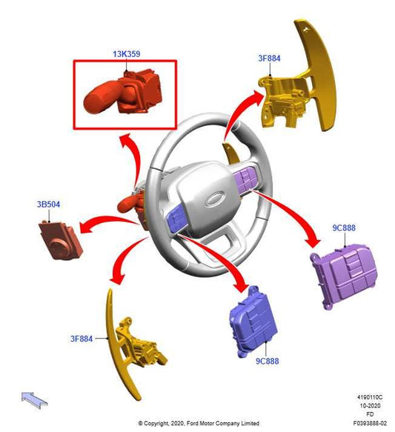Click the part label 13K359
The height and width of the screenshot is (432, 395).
pos(127,54)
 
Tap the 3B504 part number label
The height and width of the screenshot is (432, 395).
pos(48,205)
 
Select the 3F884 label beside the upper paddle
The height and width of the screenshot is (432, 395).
pos(269,59)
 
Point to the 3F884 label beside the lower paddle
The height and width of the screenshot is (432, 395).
pos(82,339)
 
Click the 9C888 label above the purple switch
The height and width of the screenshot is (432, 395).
pos(344,227)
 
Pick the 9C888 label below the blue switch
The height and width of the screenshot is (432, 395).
pos(268,361)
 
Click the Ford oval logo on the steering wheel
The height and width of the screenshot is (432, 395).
pos(215,199)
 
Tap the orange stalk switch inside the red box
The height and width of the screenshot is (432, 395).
pos(123,92)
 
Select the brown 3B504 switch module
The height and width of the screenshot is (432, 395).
pos(61,240)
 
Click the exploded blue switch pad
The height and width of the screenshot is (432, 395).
pos(253,322)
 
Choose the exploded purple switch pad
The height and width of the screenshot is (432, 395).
pos(344,276)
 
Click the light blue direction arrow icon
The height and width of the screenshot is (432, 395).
pos(34,400)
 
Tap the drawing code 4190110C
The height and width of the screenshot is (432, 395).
pos(370,397)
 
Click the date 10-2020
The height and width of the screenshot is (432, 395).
pos(370,405)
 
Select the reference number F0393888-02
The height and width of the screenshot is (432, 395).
pos(370,423)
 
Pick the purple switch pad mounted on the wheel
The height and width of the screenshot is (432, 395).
pos(245,179)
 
